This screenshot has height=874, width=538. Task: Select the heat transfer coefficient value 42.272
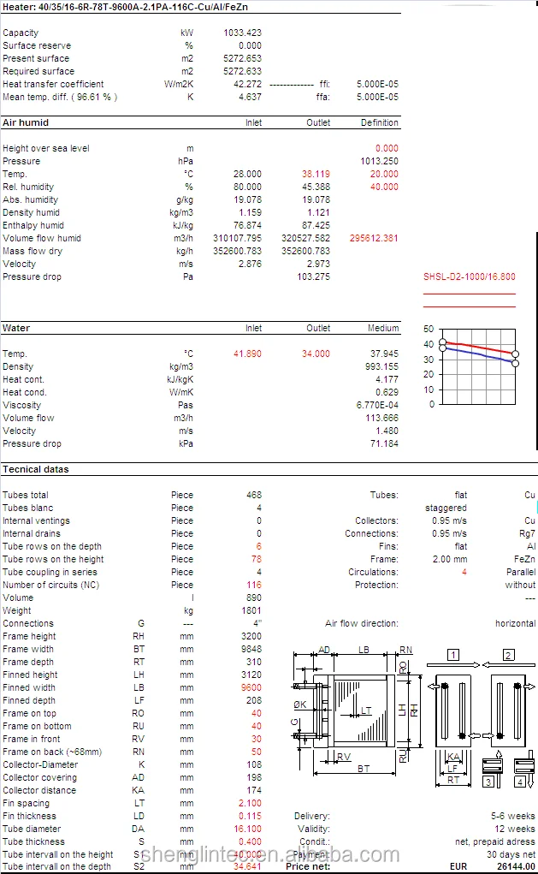[x=246, y=84]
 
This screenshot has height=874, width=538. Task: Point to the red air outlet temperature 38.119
[x=313, y=174]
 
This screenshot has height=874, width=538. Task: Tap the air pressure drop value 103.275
[x=312, y=276]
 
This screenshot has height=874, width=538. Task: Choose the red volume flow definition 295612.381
[x=374, y=238]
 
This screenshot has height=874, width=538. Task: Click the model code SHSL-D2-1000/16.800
[x=470, y=276]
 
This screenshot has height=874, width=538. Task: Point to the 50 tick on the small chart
[x=429, y=329]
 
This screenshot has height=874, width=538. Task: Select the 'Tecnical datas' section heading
[x=36, y=469]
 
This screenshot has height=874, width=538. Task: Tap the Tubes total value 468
[x=253, y=495]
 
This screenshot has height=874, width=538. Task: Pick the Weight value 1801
[x=251, y=610]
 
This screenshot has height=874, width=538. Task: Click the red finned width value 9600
[x=250, y=687]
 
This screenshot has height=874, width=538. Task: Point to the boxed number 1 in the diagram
[x=452, y=655]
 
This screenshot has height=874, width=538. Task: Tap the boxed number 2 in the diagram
[x=508, y=655]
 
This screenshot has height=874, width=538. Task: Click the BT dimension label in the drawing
[x=364, y=769]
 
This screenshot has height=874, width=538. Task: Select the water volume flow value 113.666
[x=381, y=418]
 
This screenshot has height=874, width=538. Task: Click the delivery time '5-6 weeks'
[x=513, y=816]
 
